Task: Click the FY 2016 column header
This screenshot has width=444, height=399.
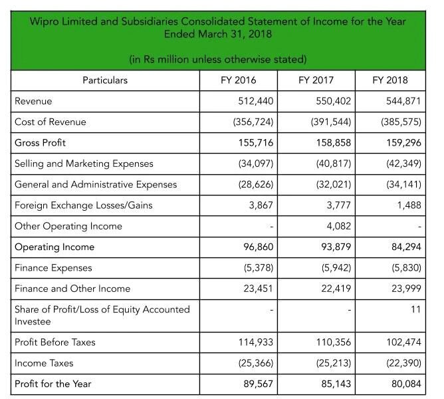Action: point(238,80)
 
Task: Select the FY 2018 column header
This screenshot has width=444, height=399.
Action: point(390,80)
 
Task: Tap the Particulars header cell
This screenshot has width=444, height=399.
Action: point(105,80)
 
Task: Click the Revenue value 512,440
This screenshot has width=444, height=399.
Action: point(257,102)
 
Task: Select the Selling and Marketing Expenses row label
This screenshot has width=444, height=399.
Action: point(84,164)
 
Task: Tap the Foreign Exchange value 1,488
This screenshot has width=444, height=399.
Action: point(407,205)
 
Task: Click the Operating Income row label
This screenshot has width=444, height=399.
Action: point(55,247)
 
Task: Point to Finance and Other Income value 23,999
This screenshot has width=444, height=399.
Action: point(405,289)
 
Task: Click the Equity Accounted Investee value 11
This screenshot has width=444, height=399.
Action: point(415,310)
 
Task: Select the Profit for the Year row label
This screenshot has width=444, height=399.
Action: point(53,384)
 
